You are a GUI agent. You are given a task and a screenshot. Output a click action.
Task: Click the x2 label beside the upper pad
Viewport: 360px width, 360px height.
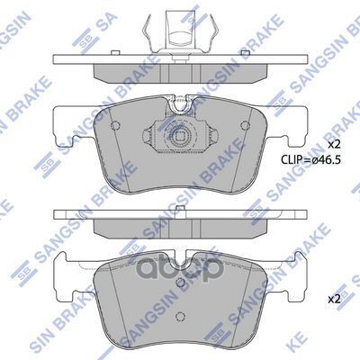[334, 144]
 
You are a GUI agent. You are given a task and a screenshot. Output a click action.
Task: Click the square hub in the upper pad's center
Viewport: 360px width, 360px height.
[181, 139]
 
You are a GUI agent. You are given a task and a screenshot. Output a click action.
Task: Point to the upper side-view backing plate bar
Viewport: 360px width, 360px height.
[181, 62]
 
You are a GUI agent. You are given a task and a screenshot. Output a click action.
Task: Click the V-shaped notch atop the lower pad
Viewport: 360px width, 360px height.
[181, 256]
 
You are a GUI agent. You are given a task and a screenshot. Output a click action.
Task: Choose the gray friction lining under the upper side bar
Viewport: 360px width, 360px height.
[181, 73]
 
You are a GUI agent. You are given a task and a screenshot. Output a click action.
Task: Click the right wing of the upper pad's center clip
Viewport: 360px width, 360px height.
[208, 135]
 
